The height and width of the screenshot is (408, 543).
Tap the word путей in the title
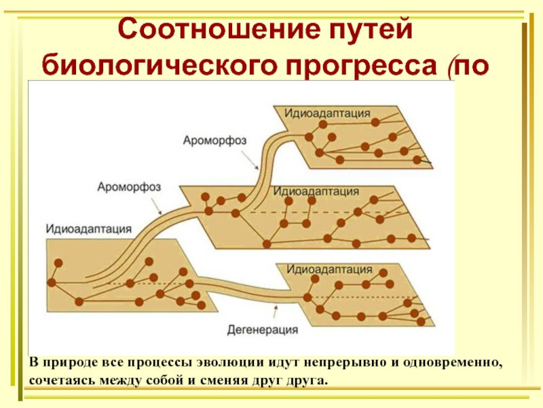coord(372,29)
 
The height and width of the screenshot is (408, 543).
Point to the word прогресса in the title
coord(355,65)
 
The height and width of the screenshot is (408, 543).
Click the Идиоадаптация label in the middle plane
coord(316,191)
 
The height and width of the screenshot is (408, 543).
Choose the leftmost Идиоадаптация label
coord(89,227)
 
